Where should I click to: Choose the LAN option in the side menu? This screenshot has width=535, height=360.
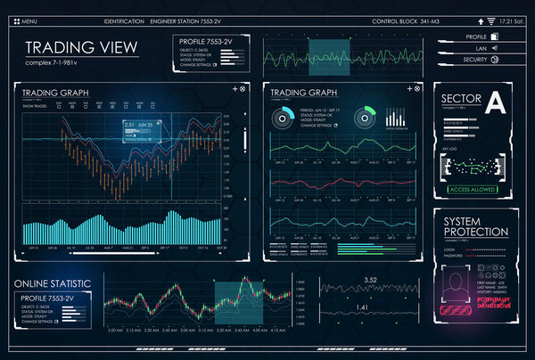pyautogui.click(x=481, y=47)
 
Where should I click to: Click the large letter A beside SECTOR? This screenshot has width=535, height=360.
pyautogui.click(x=495, y=104)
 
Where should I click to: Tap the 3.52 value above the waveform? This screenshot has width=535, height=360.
pyautogui.click(x=373, y=281)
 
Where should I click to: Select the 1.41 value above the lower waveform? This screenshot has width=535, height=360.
pyautogui.click(x=362, y=307)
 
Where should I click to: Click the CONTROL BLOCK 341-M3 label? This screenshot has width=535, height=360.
pyautogui.click(x=404, y=20)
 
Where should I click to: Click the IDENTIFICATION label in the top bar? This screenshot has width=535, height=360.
pyautogui.click(x=122, y=20)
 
